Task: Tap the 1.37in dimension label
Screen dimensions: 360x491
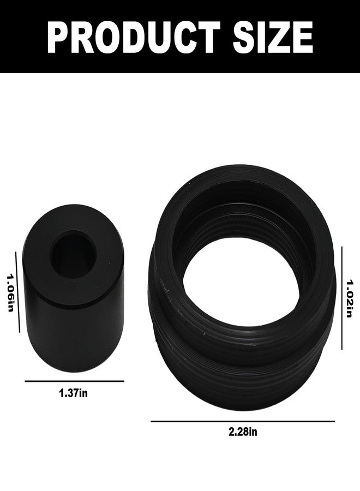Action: pyautogui.click(x=74, y=393)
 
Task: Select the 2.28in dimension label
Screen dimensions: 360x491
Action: pyautogui.click(x=243, y=432)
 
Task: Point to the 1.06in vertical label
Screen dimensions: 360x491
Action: pyautogui.click(x=10, y=294)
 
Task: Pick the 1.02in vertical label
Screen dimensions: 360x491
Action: pyautogui.click(x=350, y=298)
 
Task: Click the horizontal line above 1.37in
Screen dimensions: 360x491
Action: pyautogui.click(x=75, y=381)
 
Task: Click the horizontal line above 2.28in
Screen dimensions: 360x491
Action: pyautogui.click(x=243, y=421)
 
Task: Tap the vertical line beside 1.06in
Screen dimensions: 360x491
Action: pyautogui.click(x=17, y=292)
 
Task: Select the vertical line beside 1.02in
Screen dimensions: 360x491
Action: pyautogui.click(x=342, y=298)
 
